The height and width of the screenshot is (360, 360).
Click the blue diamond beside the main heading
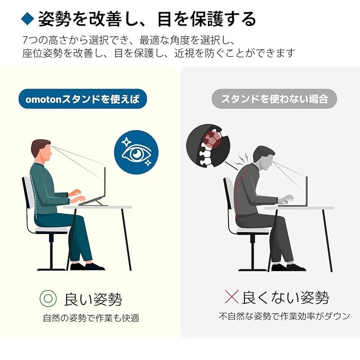(x=27, y=18)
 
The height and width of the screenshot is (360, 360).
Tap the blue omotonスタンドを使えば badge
(x=83, y=99)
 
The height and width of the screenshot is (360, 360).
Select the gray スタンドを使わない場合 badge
(x=274, y=99)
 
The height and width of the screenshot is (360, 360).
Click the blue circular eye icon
(x=136, y=152)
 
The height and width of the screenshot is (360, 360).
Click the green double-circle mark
(x=48, y=298)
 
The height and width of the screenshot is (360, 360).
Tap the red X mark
(x=232, y=297)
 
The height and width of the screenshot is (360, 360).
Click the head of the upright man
(x=41, y=150)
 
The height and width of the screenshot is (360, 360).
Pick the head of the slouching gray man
(x=264, y=158)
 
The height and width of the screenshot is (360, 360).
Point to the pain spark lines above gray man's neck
(x=242, y=159)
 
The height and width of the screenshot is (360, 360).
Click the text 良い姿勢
(x=93, y=299)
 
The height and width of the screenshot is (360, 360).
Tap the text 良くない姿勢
(x=285, y=297)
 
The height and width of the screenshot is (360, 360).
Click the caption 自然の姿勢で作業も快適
(x=91, y=318)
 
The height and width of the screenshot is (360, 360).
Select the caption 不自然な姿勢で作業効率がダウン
(x=284, y=316)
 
